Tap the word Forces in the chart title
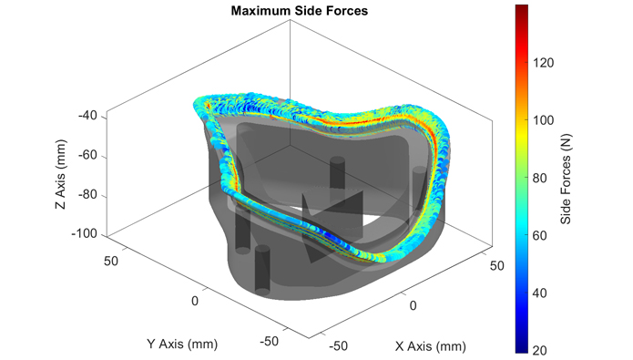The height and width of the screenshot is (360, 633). click(x=348, y=11)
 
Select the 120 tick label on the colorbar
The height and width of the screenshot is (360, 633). click(x=543, y=63)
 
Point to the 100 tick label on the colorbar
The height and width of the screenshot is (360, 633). click(x=543, y=120)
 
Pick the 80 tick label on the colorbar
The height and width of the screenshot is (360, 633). click(x=540, y=178)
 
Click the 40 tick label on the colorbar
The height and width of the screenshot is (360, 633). click(x=540, y=293)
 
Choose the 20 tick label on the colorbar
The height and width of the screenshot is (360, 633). click(x=540, y=350)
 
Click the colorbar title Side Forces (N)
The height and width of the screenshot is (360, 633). click(x=566, y=179)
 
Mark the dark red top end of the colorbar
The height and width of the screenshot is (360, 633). click(x=522, y=6)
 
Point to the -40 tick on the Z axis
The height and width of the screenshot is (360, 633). click(x=87, y=116)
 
